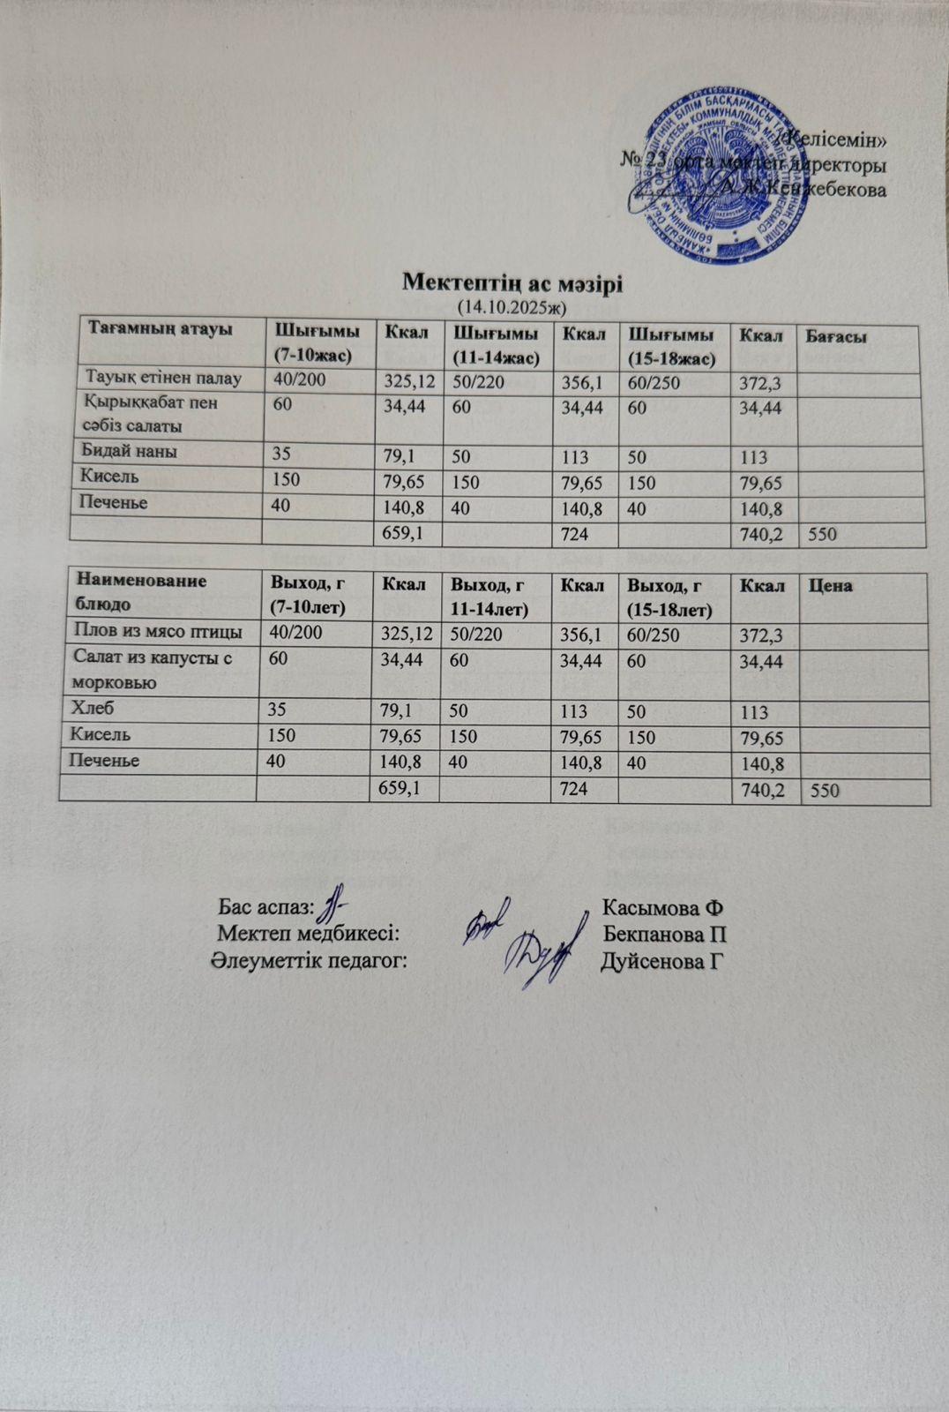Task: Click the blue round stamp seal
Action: pos(718,182)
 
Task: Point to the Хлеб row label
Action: pos(97,707)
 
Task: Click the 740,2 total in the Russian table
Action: pos(763,792)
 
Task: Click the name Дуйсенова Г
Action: pos(662,961)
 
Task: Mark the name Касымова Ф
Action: pos(662,907)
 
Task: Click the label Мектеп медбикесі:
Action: pos(310,935)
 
